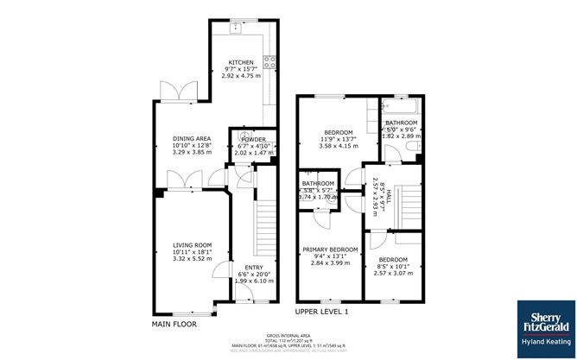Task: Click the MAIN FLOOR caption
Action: [174, 325]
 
